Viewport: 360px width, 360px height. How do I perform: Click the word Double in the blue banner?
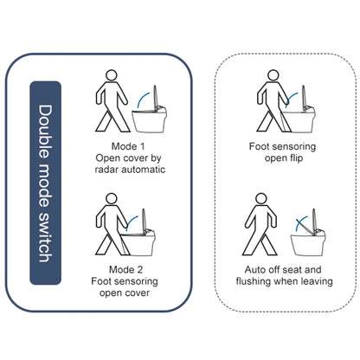[46, 132]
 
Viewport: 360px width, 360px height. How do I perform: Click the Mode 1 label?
[128, 146]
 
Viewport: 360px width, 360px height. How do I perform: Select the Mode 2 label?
[125, 270]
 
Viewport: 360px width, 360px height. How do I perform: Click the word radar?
[106, 170]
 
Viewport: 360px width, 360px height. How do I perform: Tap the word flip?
[296, 158]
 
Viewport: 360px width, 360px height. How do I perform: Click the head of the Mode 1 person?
[112, 75]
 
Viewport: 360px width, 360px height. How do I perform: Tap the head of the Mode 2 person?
[112, 199]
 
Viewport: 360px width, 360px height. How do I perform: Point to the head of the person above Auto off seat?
[261, 199]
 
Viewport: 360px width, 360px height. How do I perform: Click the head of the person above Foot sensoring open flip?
[273, 75]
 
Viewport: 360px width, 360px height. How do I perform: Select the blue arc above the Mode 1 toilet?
[143, 100]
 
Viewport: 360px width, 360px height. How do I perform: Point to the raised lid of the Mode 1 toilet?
[155, 97]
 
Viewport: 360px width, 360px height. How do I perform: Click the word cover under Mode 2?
[137, 292]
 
